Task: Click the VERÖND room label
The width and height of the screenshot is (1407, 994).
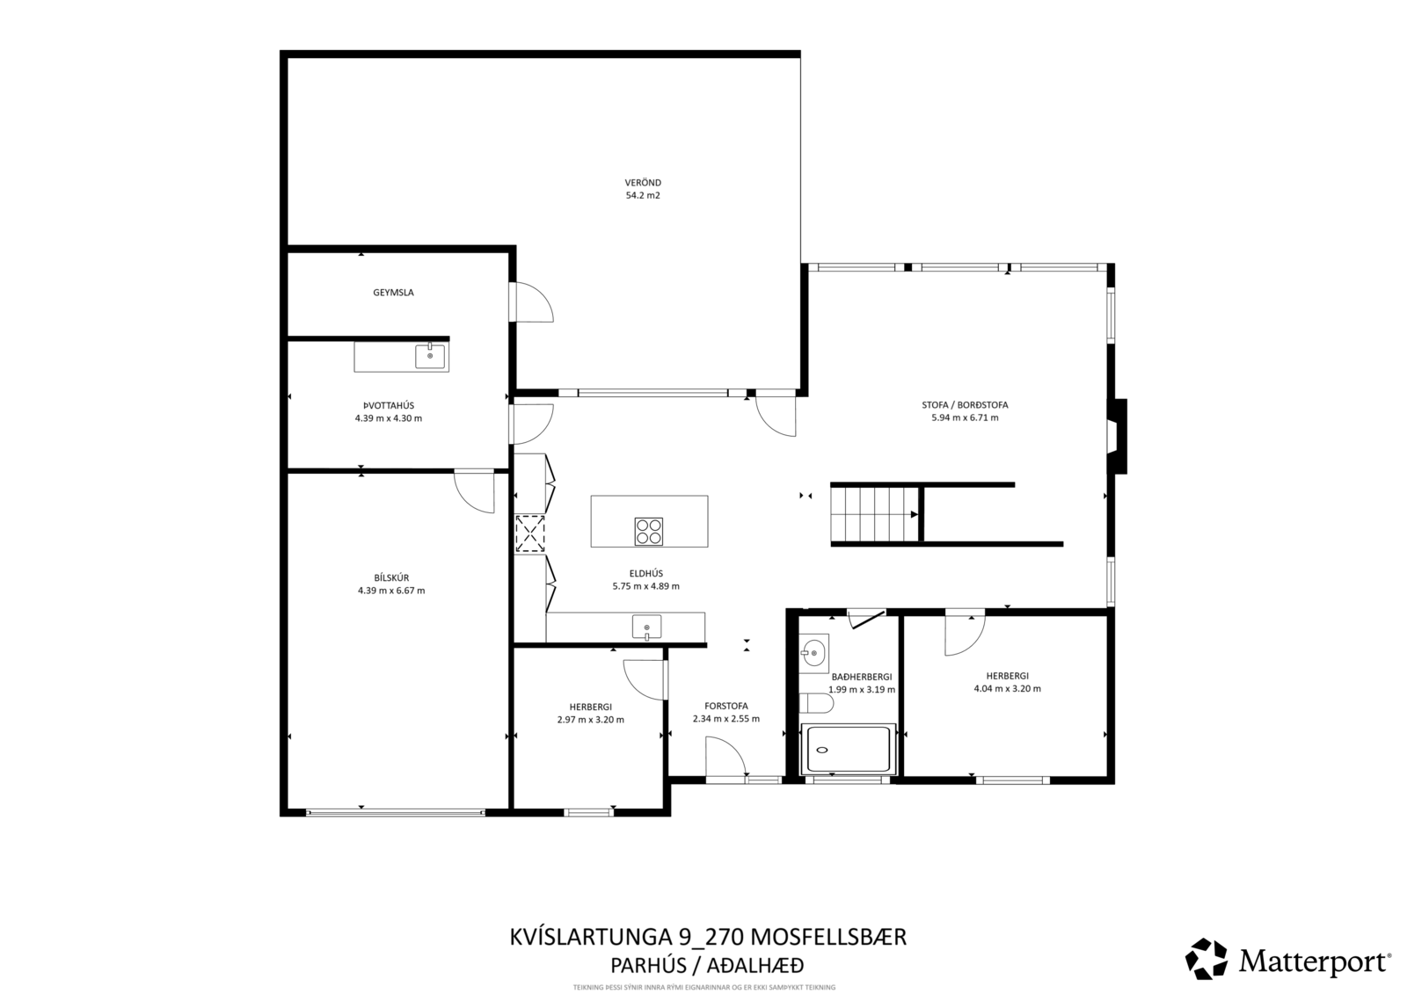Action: click(x=643, y=183)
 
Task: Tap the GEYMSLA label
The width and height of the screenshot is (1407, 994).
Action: click(x=393, y=293)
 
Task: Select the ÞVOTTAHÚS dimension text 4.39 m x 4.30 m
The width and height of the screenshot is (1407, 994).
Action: click(x=388, y=418)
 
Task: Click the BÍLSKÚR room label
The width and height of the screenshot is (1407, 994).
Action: click(x=391, y=577)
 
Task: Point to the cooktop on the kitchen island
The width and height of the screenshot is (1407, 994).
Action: click(x=649, y=531)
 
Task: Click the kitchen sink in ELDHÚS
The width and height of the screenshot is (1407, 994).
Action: click(x=646, y=628)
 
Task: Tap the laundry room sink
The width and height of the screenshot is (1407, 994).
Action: click(x=430, y=356)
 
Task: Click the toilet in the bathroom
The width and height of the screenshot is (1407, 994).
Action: click(x=817, y=703)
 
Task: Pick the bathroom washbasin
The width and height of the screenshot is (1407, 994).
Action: click(x=813, y=654)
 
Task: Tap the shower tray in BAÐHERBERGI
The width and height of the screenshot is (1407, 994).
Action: click(x=848, y=750)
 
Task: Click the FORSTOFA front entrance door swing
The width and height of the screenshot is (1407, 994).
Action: click(x=726, y=758)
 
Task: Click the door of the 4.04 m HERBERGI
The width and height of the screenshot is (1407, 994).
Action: click(x=966, y=635)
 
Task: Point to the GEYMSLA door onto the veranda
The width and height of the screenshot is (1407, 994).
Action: click(x=533, y=302)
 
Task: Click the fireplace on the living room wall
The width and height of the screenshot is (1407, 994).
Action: click(x=1118, y=437)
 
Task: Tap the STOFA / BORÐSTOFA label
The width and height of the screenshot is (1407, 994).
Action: click(x=965, y=405)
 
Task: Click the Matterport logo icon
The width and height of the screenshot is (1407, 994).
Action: click(x=1206, y=958)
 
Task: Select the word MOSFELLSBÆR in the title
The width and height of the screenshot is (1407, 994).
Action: click(x=829, y=937)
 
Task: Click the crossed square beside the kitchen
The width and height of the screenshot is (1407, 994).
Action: click(x=529, y=533)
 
